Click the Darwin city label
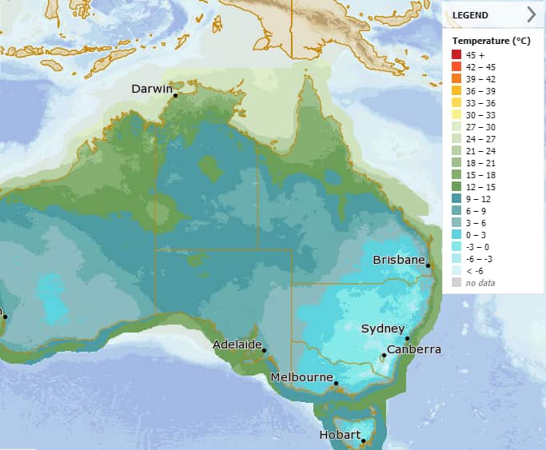(x=151, y=89)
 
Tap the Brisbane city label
(x=397, y=261)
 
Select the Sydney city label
(x=383, y=329)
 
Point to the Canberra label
(x=413, y=350)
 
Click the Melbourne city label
(x=301, y=376)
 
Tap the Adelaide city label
(x=237, y=344)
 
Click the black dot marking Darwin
(x=175, y=95)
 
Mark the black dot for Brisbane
(x=428, y=266)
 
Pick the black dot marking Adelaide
(x=264, y=349)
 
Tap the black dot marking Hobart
(x=363, y=440)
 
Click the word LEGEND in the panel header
(x=470, y=14)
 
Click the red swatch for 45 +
(x=456, y=54)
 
